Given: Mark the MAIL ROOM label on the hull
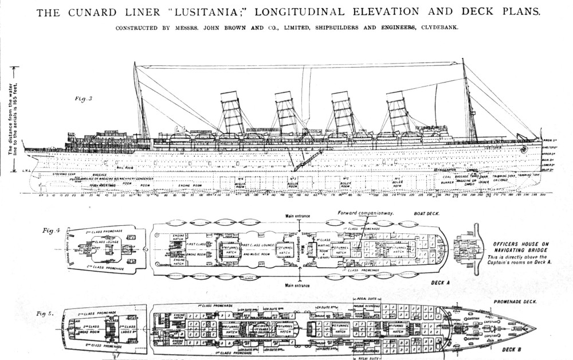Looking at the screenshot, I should point(124,167).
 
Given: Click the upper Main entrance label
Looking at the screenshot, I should point(299,216).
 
